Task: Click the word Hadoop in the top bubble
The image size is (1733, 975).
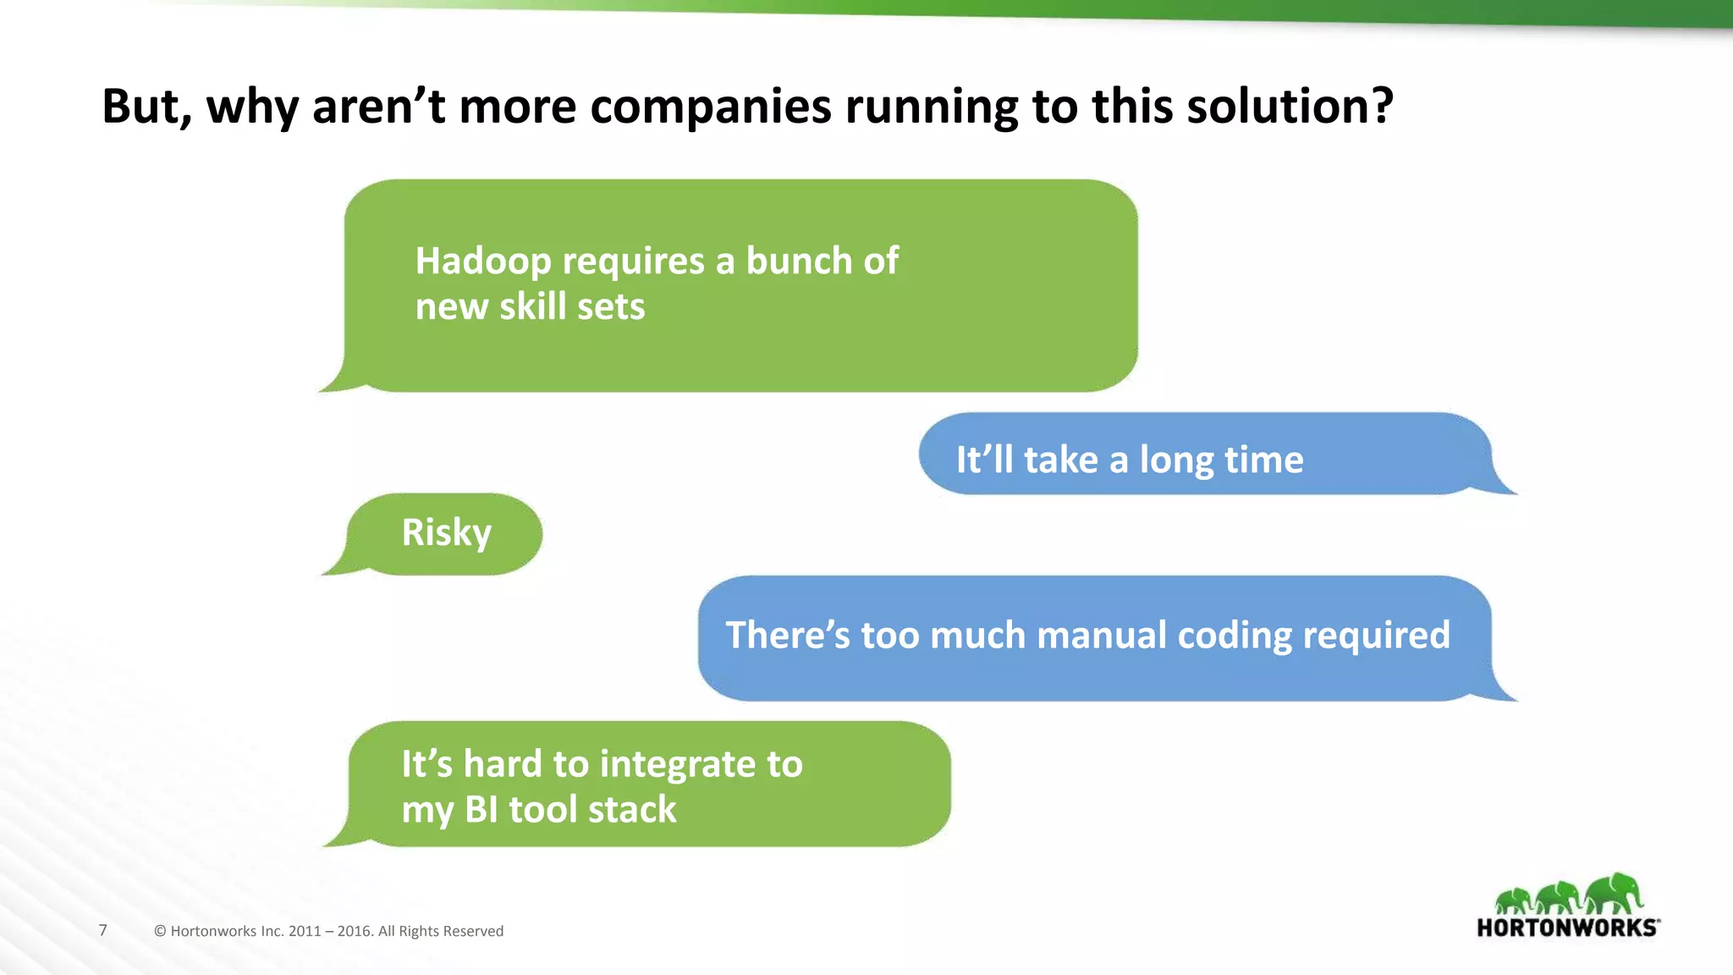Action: (482, 262)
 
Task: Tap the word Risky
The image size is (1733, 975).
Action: (446, 533)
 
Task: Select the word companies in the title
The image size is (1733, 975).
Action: (711, 107)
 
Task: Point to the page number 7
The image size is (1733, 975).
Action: (103, 930)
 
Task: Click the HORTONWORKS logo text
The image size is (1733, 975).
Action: (1566, 928)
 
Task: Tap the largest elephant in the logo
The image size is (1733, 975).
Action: (1615, 893)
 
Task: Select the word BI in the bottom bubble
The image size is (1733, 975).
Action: (481, 810)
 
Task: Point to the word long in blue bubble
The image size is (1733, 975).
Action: (1176, 460)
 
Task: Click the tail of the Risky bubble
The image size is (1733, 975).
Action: (334, 569)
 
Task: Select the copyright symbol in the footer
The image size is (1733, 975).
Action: (160, 931)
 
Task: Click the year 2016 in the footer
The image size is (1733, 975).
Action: (355, 931)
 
